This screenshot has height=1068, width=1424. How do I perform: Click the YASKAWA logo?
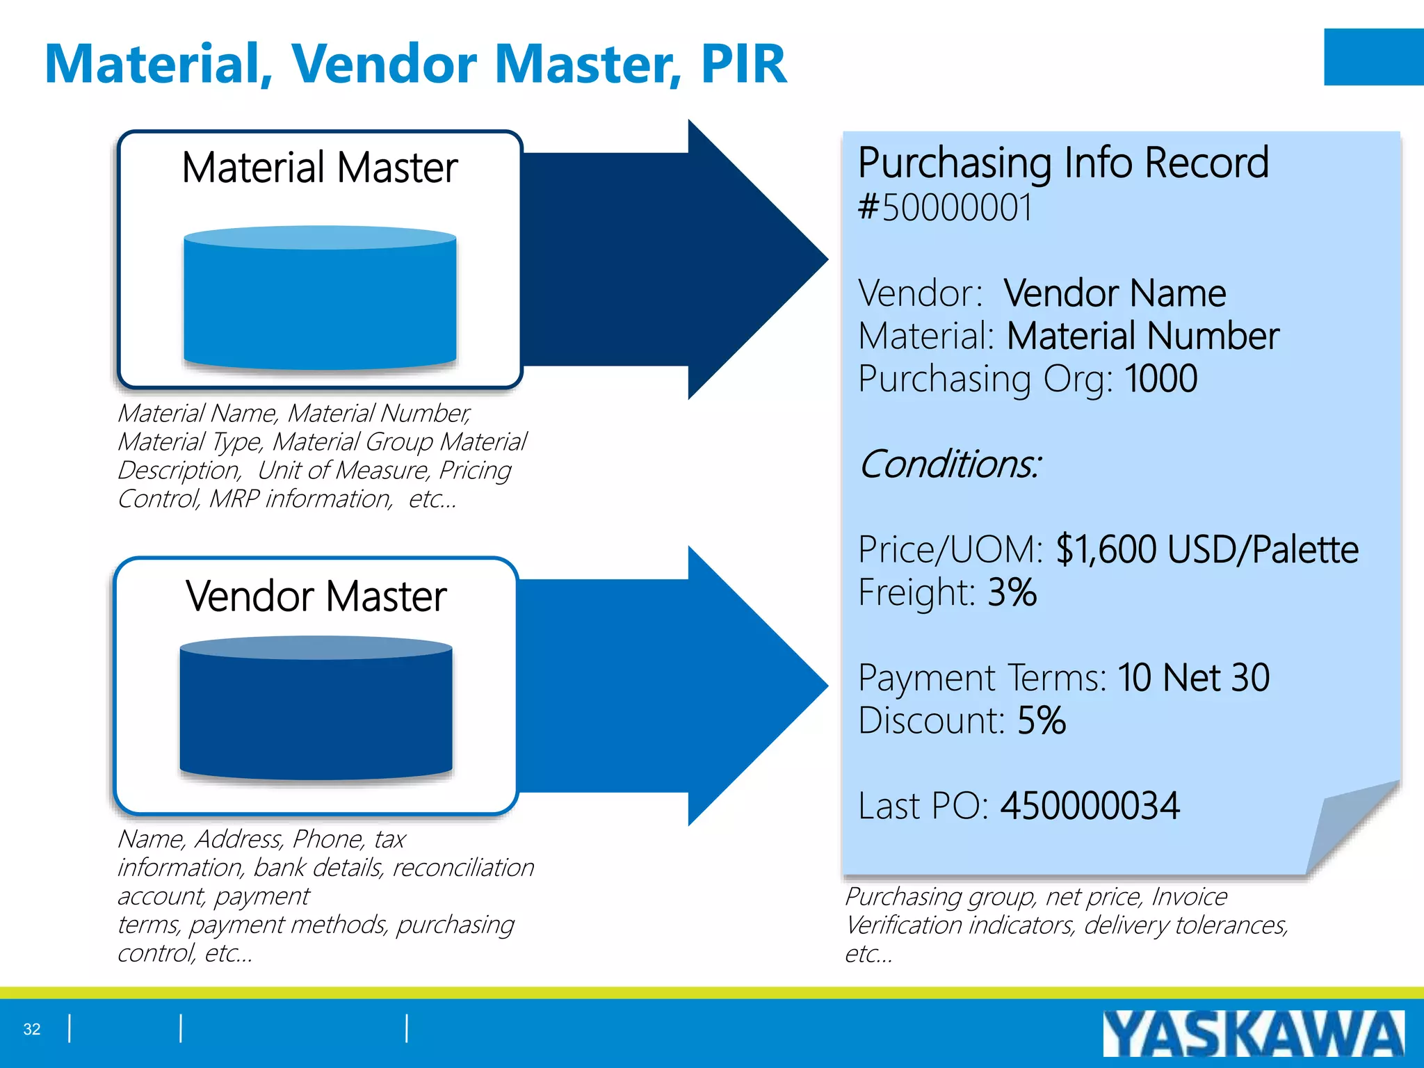pyautogui.click(x=1253, y=1034)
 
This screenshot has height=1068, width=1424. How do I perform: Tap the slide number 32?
pyautogui.click(x=32, y=1029)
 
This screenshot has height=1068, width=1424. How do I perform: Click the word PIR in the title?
pyautogui.click(x=743, y=64)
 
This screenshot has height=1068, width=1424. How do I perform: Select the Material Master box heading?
pyautogui.click(x=319, y=168)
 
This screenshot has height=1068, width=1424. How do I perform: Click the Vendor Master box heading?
pyautogui.click(x=316, y=597)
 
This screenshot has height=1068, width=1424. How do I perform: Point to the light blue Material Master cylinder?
pyautogui.click(x=320, y=299)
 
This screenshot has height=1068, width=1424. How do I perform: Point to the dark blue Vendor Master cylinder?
pyautogui.click(x=316, y=709)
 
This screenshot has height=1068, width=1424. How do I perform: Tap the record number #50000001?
pyautogui.click(x=946, y=208)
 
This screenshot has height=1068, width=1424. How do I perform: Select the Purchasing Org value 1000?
pyautogui.click(x=1160, y=379)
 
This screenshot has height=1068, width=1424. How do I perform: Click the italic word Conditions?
pyautogui.click(x=950, y=464)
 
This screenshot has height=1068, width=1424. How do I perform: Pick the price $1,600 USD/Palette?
pyautogui.click(x=1206, y=549)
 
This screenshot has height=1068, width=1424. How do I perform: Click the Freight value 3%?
pyautogui.click(x=1012, y=592)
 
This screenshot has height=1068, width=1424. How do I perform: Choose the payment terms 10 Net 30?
pyautogui.click(x=1193, y=677)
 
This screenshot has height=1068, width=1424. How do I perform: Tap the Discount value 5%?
pyautogui.click(x=1041, y=720)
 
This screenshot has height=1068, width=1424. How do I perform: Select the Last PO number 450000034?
pyautogui.click(x=1090, y=806)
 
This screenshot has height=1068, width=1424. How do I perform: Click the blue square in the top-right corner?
pyautogui.click(x=1373, y=57)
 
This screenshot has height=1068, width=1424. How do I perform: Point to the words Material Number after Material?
pyautogui.click(x=1142, y=337)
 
